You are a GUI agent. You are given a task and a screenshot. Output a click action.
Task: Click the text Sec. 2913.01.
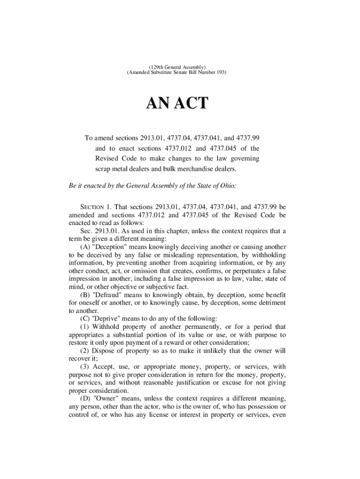(101, 231)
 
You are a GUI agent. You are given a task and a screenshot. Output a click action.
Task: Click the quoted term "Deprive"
(104, 318)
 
